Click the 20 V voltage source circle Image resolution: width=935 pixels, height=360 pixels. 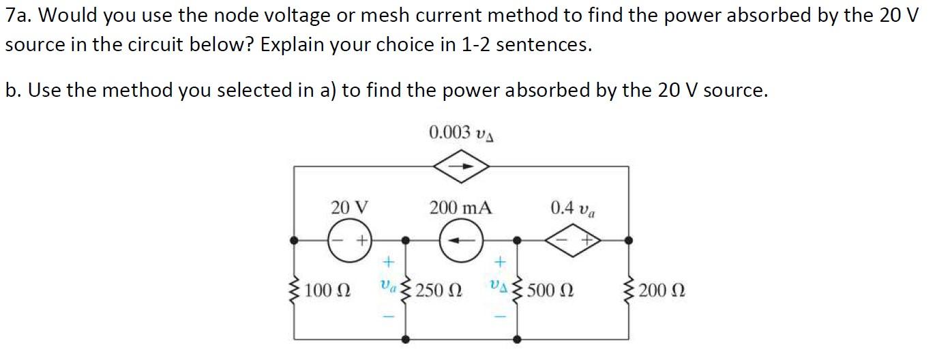pyautogui.click(x=348, y=240)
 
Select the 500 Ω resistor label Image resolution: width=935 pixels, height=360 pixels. pyautogui.click(x=550, y=291)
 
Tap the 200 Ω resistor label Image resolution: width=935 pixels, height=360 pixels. pyautogui.click(x=662, y=291)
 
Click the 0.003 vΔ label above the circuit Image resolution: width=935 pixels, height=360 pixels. pyautogui.click(x=462, y=132)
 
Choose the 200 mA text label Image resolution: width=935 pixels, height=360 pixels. pyautogui.click(x=460, y=207)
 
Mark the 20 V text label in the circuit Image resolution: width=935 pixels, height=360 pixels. pyautogui.click(x=349, y=207)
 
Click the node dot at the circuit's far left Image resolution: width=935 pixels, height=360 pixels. pyautogui.click(x=294, y=240)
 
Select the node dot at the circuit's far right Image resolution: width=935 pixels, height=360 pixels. pyautogui.click(x=628, y=240)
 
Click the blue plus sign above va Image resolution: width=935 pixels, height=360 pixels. pyautogui.click(x=388, y=261)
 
